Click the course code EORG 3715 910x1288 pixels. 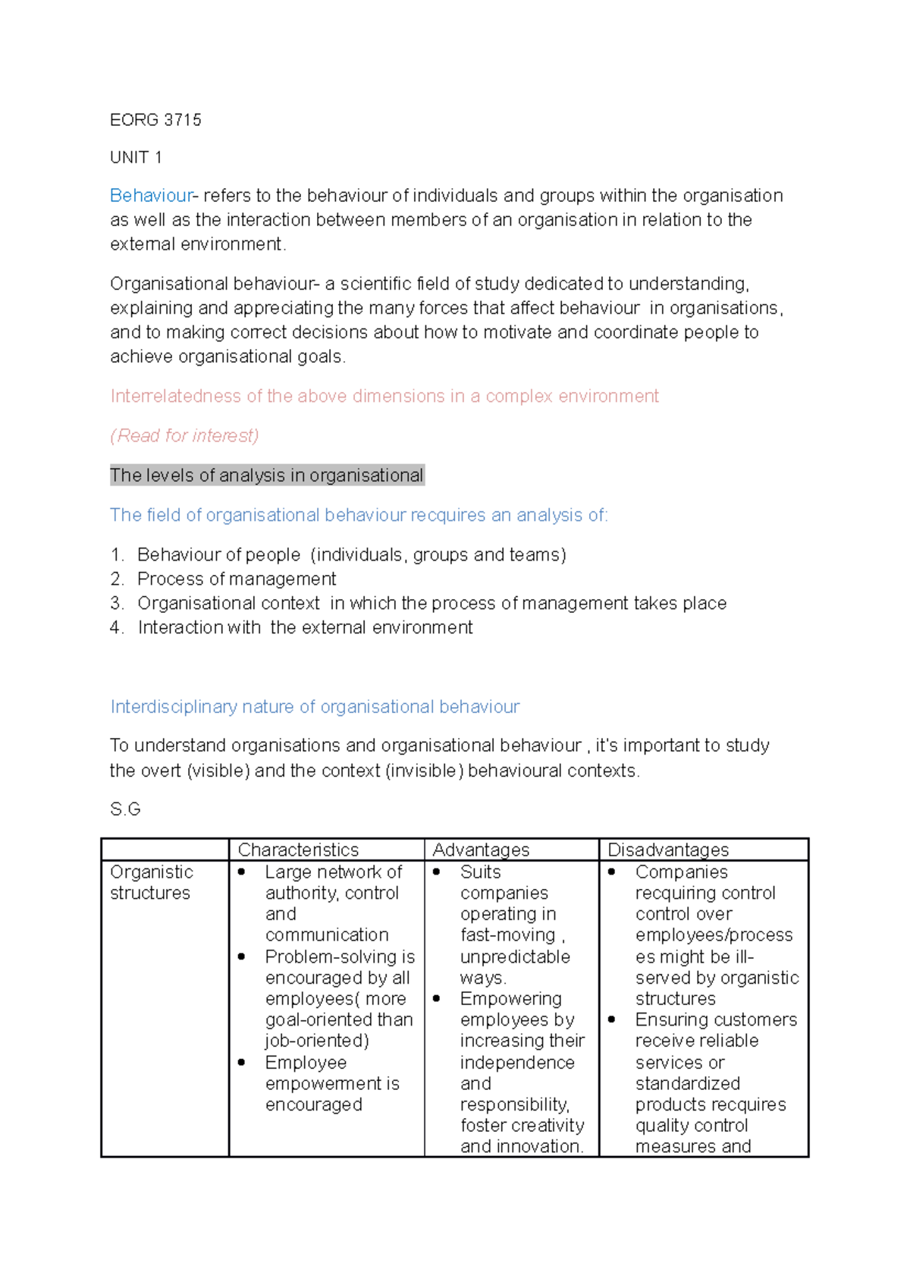[155, 120]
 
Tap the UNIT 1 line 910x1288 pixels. [136, 157]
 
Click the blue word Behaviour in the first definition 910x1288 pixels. [151, 196]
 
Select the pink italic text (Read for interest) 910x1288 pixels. [184, 435]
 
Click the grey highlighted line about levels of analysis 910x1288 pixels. [266, 476]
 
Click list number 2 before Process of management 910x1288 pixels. [117, 579]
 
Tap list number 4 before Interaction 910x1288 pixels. [117, 627]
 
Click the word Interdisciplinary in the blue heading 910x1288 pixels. [173, 706]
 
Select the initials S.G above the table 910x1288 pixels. [125, 809]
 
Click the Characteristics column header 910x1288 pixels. [298, 850]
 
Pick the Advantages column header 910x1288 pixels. [481, 850]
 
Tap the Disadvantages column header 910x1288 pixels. [668, 850]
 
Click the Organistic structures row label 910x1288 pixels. [151, 882]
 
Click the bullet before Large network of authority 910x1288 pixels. [241, 872]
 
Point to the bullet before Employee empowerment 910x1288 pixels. [241, 1063]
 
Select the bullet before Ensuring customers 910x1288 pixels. [611, 1019]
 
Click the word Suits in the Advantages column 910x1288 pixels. [480, 872]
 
